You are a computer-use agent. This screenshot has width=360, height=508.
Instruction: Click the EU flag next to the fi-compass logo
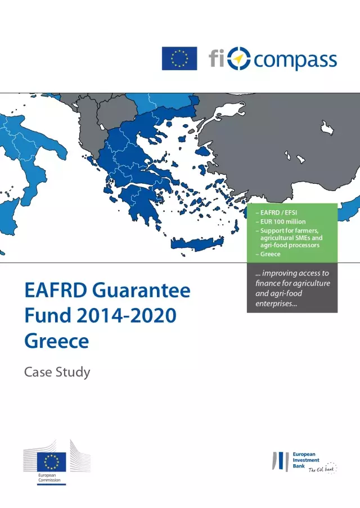click(179, 58)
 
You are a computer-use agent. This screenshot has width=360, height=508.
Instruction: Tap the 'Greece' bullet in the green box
click(270, 254)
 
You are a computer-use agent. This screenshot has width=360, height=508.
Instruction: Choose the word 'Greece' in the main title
click(56, 341)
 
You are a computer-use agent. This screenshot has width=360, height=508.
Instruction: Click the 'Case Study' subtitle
click(57, 372)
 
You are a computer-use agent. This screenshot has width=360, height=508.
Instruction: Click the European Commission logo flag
click(51, 462)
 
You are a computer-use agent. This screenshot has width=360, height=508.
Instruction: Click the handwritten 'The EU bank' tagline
click(322, 470)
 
